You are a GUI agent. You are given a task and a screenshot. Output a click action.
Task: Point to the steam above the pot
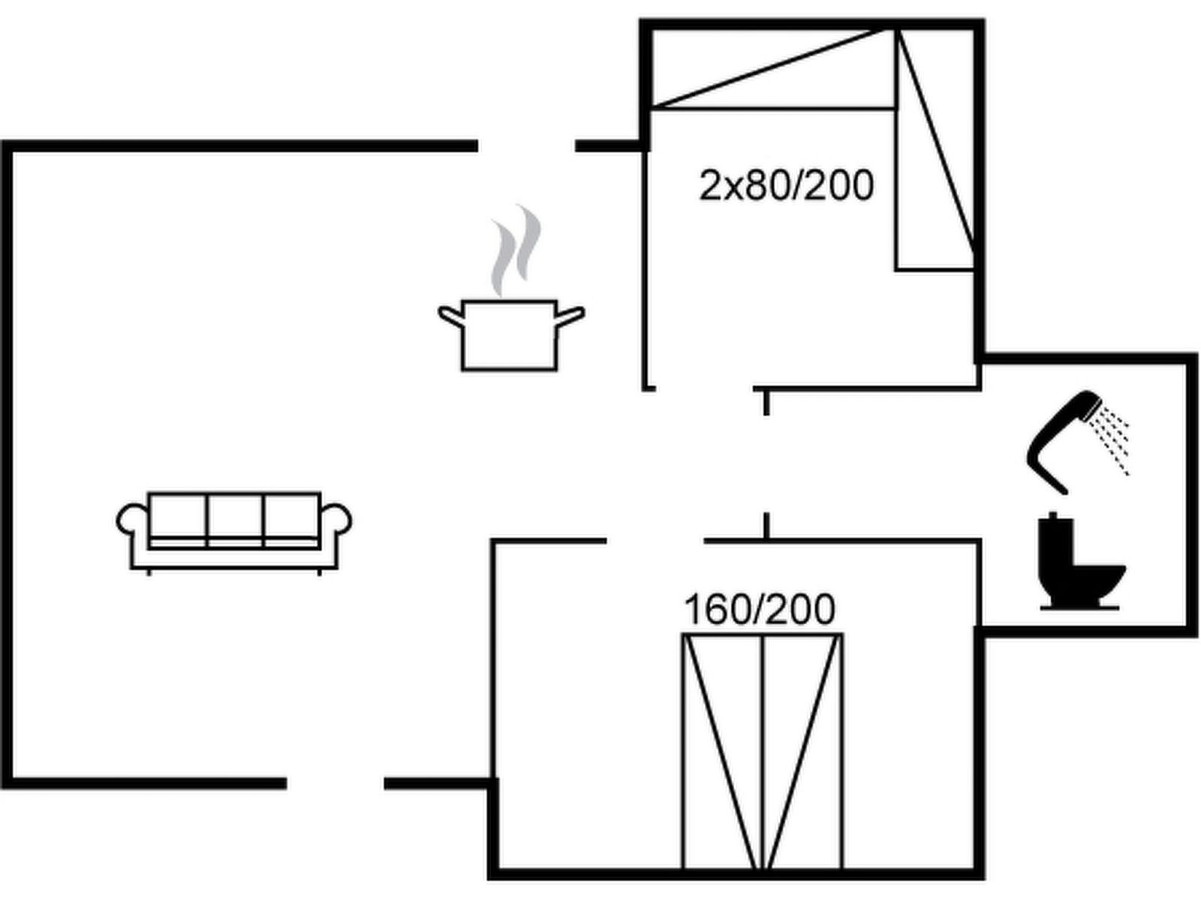(x=515, y=251)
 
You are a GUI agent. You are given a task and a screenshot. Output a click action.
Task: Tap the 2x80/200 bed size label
(x=786, y=186)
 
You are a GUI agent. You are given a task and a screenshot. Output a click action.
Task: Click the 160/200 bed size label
(x=759, y=610)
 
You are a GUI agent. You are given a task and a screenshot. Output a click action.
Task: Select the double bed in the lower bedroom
(x=762, y=750)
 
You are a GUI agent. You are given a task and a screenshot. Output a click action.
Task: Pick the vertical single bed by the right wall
(x=935, y=150)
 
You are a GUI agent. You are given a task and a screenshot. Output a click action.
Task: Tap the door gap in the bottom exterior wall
(x=335, y=783)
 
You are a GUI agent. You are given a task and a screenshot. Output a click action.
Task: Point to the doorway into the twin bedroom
(x=704, y=388)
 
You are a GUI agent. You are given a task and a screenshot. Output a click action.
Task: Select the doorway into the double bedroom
(x=655, y=540)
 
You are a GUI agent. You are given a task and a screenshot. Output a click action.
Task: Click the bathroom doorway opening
(x=766, y=463)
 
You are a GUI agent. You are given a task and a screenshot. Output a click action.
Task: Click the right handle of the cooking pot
(x=570, y=316)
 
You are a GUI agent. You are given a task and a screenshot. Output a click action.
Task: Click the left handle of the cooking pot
(x=449, y=316)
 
